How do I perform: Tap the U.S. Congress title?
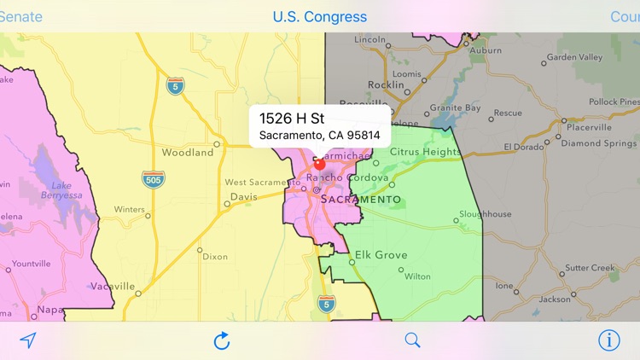pos(320,16)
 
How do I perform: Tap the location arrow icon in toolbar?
pos(28,340)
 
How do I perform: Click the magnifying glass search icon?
pos(413,340)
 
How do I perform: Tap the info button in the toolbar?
pos(609,340)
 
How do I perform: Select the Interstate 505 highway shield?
pos(154,179)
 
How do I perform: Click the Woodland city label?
pos(188,153)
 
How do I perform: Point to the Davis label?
pos(243,196)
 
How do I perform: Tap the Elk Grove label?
pos(381,255)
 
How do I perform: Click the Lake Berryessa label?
pos(61,189)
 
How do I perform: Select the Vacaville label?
pos(113,286)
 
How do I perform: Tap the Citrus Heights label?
pos(425,152)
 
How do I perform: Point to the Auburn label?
pos(486,50)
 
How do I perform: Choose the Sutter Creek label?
pos(590,268)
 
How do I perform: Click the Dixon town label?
pos(215,256)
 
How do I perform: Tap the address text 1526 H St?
pos(292,118)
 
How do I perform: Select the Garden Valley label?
pos(574,57)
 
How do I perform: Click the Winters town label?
pos(130,209)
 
